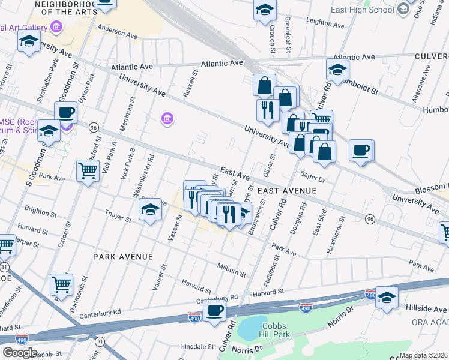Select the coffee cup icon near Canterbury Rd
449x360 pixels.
pos(214,311)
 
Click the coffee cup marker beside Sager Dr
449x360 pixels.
pos(361,150)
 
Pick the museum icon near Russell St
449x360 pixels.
pos(167,120)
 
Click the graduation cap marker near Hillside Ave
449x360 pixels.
pos(387,298)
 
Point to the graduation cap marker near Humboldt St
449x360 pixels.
pos(338,70)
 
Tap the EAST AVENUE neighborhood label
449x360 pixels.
pos(287,190)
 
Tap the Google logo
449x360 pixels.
pos(20,353)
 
